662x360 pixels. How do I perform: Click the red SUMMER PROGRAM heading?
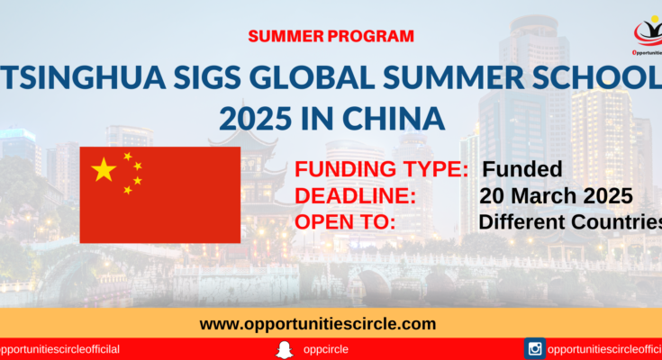click(x=331, y=36)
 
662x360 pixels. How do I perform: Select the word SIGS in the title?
click(x=208, y=77)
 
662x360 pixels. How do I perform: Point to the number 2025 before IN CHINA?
click(x=256, y=119)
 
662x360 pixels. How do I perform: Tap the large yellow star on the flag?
click(x=104, y=169)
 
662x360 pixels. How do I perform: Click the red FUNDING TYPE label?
click(x=381, y=169)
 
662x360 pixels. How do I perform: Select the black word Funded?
click(x=522, y=169)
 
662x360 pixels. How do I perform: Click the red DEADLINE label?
click(x=355, y=196)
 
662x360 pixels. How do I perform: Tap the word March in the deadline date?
click(x=544, y=196)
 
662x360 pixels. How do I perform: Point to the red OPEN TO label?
click(x=345, y=222)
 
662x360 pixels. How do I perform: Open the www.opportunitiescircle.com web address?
click(x=318, y=324)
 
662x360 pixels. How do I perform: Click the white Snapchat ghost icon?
click(x=285, y=350)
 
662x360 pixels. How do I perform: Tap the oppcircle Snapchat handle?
click(x=325, y=349)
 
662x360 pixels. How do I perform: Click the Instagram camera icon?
click(x=535, y=349)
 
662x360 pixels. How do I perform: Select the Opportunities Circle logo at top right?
click(x=648, y=35)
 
